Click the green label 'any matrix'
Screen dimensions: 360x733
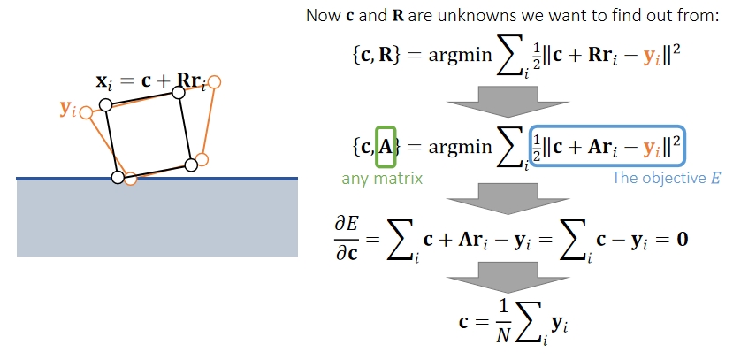tap(382, 179)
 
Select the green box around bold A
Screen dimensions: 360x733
tap(386, 146)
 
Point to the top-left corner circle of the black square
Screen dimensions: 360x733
tap(105, 104)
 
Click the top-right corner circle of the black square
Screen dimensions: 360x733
tap(179, 92)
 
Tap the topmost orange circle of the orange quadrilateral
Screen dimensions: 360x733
tap(214, 82)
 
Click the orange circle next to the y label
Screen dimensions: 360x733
tap(86, 112)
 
